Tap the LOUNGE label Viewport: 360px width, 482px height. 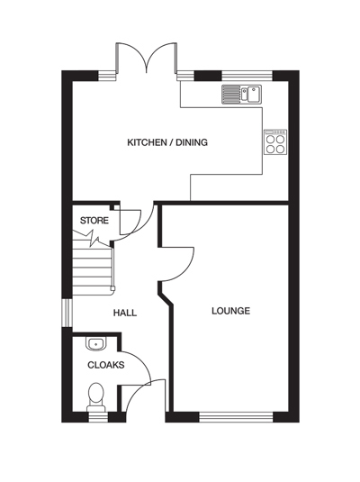pos(230,311)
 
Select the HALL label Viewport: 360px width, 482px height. pos(124,313)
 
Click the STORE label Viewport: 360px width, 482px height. pos(94,221)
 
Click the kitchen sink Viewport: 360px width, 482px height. pos(240,92)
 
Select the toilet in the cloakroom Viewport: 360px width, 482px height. pos(95,396)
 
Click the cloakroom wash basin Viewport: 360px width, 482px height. pos(96,343)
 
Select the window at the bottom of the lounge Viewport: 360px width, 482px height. pos(235,416)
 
